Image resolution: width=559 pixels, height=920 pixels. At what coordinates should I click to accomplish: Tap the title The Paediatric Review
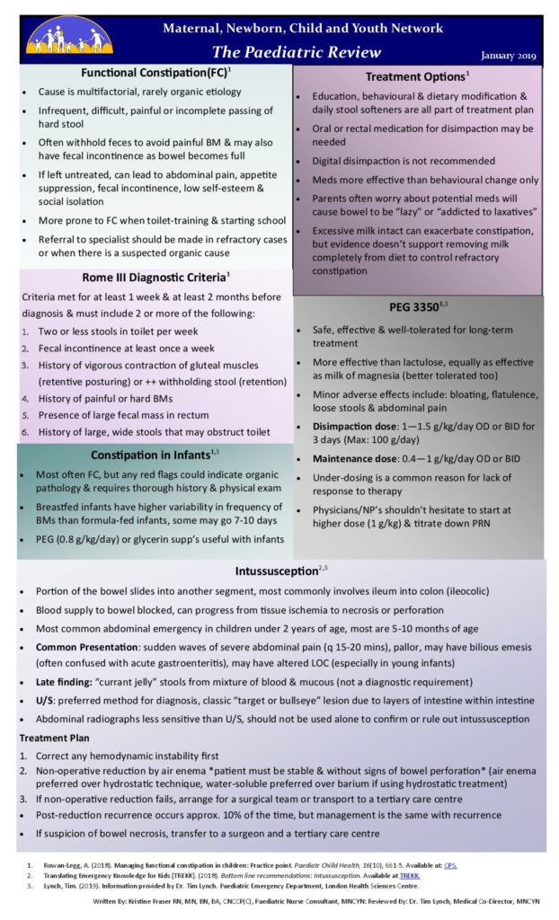297,51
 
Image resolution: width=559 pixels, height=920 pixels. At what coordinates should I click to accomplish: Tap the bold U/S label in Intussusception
45,701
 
